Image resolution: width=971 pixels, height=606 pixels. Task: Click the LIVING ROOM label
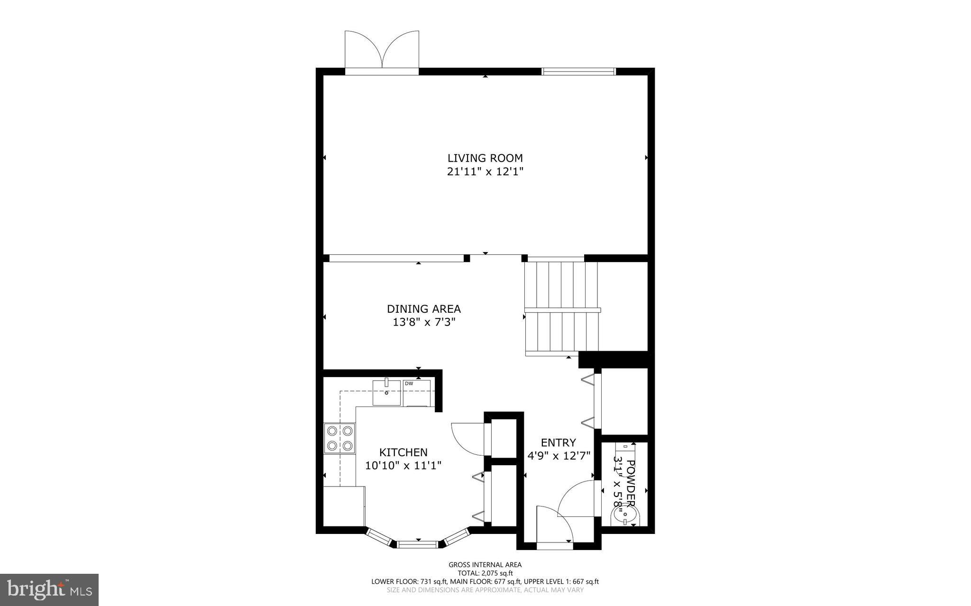[485, 158]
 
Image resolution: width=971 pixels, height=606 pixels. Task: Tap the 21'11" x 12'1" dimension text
[485, 172]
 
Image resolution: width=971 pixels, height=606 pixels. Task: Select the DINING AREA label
[424, 309]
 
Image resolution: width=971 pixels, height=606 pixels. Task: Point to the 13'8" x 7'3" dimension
[424, 323]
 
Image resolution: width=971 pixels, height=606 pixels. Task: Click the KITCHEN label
[403, 452]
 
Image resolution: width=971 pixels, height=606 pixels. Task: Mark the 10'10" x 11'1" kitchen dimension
[403, 466]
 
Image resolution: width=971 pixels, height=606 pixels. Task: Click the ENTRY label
[558, 443]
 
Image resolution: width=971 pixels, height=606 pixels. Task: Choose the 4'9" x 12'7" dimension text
[559, 456]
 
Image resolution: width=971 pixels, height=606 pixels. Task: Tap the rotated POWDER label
[631, 483]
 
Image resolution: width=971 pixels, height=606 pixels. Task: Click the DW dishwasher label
[409, 383]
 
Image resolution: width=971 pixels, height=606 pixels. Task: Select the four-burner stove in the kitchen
[340, 438]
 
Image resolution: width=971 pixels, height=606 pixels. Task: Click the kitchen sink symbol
[387, 393]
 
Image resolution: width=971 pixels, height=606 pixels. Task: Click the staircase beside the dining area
[562, 308]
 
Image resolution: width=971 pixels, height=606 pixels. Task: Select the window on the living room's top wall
[578, 72]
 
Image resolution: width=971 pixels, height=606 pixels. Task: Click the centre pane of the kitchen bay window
[418, 544]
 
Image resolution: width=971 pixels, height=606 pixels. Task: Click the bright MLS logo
[49, 589]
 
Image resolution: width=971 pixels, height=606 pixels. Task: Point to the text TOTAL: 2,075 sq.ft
[485, 573]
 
